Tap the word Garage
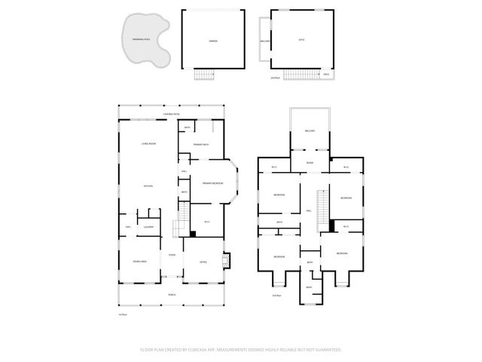coord(213,41)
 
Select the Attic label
coord(301,41)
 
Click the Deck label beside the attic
coord(326,74)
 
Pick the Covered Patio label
coord(171,115)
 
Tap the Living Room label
coord(148,143)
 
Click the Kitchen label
coord(148,186)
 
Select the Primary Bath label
coord(200,143)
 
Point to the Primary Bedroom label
coord(212,183)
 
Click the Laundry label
coord(148,226)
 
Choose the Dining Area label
coord(139,262)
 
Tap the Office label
coord(203,262)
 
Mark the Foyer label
coord(172,255)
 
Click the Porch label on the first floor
coord(171,294)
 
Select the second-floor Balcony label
coord(310,131)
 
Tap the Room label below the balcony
coord(310,163)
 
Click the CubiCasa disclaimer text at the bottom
coord(241,349)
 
